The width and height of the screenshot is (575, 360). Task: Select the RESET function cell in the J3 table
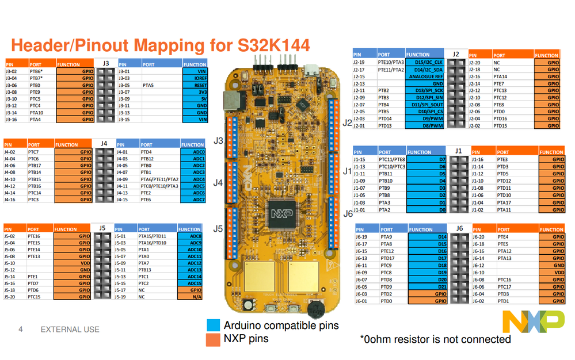click(195, 85)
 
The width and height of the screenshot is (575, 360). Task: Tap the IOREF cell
click(195, 78)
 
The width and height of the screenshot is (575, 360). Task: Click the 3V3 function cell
click(195, 92)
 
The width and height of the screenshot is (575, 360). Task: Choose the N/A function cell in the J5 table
click(190, 297)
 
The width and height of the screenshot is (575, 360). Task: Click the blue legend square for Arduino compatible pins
click(213, 325)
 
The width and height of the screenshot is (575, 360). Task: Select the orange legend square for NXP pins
click(213, 339)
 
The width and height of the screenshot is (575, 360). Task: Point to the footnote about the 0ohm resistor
click(435, 339)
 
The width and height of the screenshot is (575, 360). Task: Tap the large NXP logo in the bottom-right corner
click(533, 321)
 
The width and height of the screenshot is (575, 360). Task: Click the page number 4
click(21, 330)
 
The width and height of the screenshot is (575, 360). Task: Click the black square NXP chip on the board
click(282, 212)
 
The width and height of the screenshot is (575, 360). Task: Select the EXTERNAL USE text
click(70, 330)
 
